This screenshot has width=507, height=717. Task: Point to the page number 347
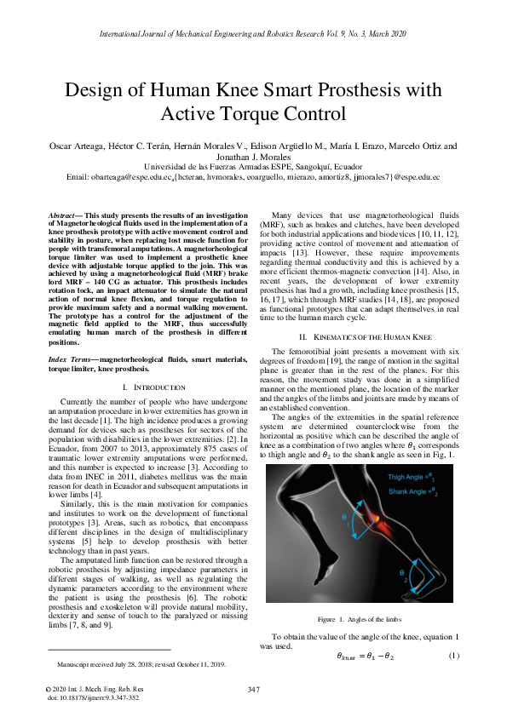click(x=252, y=688)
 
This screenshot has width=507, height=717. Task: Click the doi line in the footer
click(x=92, y=697)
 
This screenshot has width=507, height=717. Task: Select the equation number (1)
click(x=454, y=654)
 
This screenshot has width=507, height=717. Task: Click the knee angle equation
click(x=366, y=655)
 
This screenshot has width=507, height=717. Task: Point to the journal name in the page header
click(x=252, y=34)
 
